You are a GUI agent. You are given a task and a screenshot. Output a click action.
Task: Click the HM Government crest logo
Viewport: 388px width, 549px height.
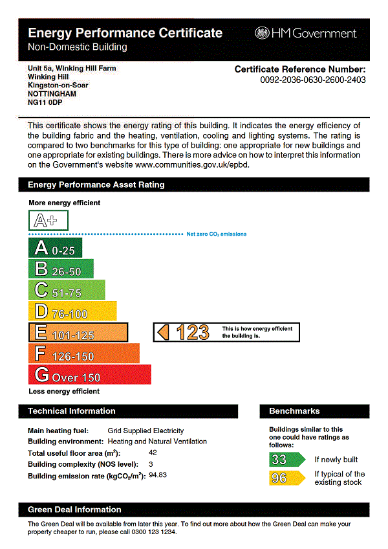pyautogui.click(x=262, y=33)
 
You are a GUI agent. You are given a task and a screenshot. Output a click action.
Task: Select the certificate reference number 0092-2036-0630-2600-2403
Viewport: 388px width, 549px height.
pyautogui.click(x=313, y=80)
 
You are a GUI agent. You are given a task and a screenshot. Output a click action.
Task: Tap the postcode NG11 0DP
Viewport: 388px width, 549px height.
pyautogui.click(x=45, y=102)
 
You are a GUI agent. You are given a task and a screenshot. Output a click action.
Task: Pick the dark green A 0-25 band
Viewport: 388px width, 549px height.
pyautogui.click(x=55, y=249)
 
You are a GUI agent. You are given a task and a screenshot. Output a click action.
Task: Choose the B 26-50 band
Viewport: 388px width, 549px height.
pyautogui.click(x=61, y=269)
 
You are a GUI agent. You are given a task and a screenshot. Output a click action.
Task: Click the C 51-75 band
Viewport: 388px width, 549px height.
pyautogui.click(x=67, y=290)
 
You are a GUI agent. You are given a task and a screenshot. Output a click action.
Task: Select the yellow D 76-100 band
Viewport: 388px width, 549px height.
pyautogui.click(x=72, y=311)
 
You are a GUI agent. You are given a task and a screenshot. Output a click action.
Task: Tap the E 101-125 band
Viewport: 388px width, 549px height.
pyautogui.click(x=78, y=332)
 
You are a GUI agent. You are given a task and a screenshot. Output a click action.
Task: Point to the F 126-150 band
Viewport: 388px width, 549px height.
pyautogui.click(x=84, y=353)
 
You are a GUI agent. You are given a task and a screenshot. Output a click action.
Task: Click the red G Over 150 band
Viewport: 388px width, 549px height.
pyautogui.click(x=89, y=375)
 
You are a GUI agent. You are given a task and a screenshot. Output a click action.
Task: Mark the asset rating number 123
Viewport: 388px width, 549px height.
pyautogui.click(x=192, y=332)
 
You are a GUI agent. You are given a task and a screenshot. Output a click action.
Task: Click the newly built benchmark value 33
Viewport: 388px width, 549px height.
pyautogui.click(x=279, y=460)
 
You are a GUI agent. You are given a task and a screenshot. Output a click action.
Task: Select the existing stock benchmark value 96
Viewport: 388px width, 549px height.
pyautogui.click(x=279, y=478)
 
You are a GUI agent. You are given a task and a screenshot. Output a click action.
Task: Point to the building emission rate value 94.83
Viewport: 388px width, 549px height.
pyautogui.click(x=158, y=476)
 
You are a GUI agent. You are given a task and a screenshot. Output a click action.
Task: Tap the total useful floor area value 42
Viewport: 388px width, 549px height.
pyautogui.click(x=153, y=453)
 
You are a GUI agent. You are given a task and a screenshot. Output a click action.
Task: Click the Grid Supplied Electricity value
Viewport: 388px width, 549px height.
pyautogui.click(x=145, y=431)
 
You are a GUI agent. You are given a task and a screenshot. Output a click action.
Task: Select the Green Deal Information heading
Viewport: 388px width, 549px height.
pyautogui.click(x=74, y=510)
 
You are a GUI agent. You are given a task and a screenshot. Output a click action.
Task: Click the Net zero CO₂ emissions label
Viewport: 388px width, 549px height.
pyautogui.click(x=217, y=234)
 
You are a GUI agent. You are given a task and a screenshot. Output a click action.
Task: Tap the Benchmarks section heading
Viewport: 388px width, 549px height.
pyautogui.click(x=294, y=411)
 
